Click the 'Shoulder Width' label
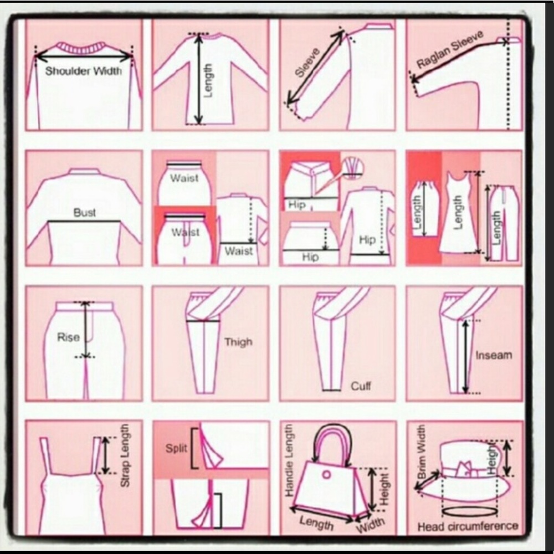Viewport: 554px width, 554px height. [83, 71]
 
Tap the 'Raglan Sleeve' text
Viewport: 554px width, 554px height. [450, 50]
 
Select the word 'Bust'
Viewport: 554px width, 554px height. [84, 212]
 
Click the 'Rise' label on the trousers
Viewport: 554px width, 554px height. [68, 337]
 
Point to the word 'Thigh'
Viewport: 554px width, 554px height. [238, 342]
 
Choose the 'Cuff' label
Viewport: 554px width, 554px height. [361, 386]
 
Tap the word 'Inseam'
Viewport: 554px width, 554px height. [493, 355]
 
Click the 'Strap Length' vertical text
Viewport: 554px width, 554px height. [125, 455]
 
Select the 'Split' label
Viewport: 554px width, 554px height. [176, 448]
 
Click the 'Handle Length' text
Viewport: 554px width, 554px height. [289, 460]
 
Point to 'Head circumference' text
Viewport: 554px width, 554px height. [468, 526]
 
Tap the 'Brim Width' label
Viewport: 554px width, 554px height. [422, 452]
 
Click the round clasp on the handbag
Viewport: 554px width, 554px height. [327, 475]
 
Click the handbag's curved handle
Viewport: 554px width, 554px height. [332, 438]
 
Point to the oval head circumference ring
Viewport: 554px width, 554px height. [465, 510]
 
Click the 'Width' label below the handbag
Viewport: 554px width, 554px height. [370, 524]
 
